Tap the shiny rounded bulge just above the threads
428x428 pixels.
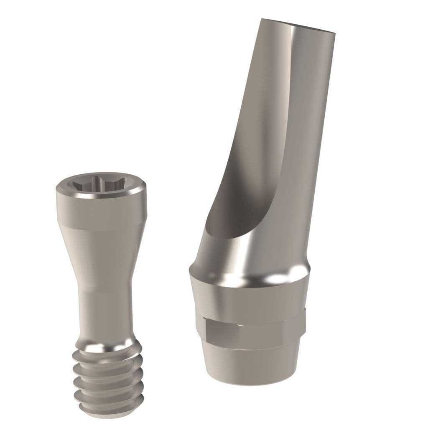tap(104, 343)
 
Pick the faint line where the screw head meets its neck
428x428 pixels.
tap(100, 228)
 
